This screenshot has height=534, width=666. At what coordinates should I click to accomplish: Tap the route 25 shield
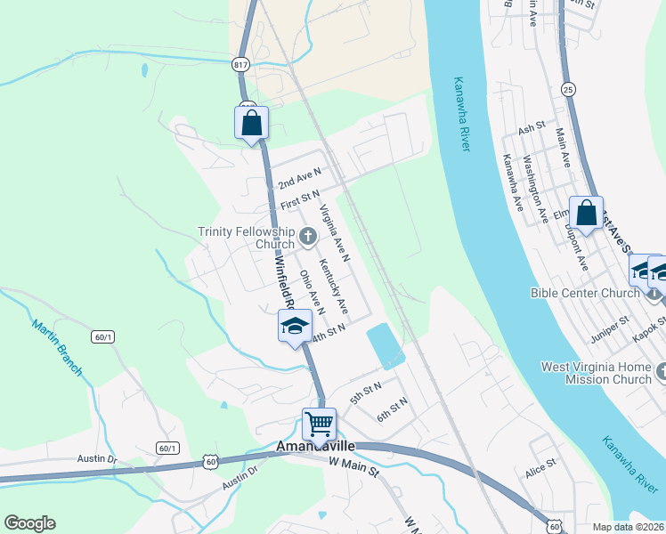[567, 88]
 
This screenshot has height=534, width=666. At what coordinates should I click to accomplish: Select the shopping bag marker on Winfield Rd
[251, 124]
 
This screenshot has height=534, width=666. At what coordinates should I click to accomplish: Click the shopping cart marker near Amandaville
[319, 424]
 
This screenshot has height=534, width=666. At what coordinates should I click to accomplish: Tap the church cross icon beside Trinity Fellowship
[308, 236]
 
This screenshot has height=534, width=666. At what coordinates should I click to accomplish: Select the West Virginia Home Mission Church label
[597, 373]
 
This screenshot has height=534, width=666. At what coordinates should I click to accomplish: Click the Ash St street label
[532, 128]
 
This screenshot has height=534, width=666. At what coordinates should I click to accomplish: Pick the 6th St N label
[392, 409]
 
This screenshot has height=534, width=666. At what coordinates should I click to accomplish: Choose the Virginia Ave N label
[335, 233]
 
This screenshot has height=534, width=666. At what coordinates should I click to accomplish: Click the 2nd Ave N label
[298, 176]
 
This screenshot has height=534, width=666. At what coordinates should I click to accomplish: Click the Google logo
[29, 523]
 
